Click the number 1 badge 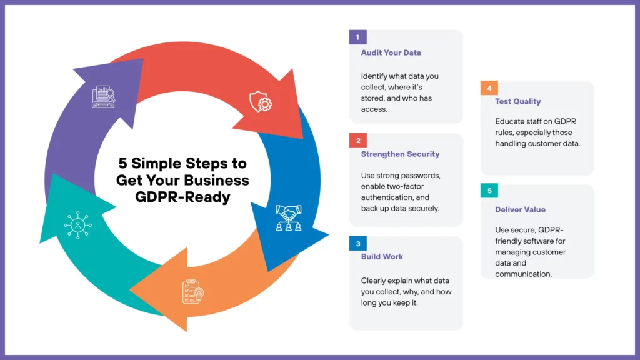(x=357, y=37)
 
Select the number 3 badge (x=357, y=243)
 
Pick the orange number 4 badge (x=489, y=88)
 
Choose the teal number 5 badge (x=489, y=191)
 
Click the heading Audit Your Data (x=391, y=52)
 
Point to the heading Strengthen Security (x=400, y=154)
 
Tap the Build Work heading (x=382, y=256)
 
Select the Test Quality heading (x=517, y=101)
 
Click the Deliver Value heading (x=520, y=210)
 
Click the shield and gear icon (x=261, y=101)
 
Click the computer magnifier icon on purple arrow (x=104, y=96)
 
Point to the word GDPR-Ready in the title (x=182, y=197)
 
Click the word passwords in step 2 (x=419, y=175)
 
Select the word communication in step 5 (x=523, y=274)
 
